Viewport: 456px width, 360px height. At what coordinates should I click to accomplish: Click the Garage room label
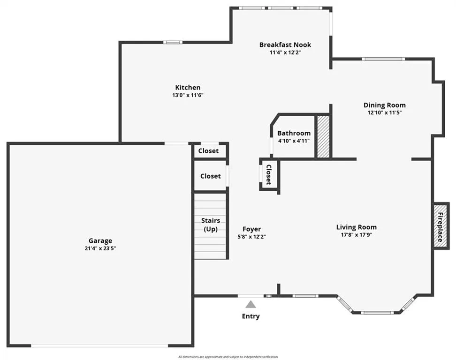coord(100,241)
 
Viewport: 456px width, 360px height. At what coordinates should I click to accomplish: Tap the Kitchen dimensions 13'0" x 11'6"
coord(188,95)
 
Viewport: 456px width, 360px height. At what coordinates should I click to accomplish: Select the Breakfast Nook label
coord(285,45)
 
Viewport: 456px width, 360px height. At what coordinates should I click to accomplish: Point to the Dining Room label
coord(385,105)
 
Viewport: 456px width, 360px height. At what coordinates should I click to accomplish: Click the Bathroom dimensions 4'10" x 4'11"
coord(294,141)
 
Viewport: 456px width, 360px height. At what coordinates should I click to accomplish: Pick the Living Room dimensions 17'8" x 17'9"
coord(357,235)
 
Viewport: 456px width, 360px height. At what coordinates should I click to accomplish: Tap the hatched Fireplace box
coord(441,226)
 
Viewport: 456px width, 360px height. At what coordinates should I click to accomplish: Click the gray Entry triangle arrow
coord(251,304)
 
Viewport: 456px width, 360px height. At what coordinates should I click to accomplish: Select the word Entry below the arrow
coord(251,316)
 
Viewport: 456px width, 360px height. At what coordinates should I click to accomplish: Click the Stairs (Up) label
coord(211,225)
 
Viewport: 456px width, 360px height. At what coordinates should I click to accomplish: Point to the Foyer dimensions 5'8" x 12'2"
coord(251,237)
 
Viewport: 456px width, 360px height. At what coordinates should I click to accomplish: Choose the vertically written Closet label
coord(269,175)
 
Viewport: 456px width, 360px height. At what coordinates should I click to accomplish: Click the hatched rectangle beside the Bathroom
coord(323,137)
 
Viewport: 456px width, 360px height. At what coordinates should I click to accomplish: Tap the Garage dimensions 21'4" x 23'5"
coord(100,248)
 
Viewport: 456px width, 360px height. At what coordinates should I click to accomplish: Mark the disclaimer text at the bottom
coord(228,357)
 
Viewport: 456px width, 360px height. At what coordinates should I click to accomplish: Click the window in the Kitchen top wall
coord(173,42)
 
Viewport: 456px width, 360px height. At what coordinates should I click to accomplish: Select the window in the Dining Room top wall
coord(383,59)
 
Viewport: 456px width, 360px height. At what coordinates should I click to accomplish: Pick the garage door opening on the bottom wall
coord(99,345)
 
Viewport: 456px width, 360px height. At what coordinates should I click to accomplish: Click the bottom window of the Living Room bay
coord(377,313)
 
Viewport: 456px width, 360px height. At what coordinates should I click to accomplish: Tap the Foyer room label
coord(251,229)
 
